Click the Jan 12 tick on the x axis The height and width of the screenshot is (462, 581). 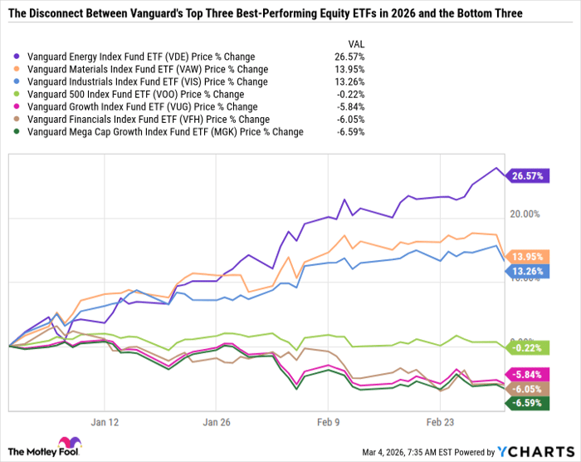tap(110, 422)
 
